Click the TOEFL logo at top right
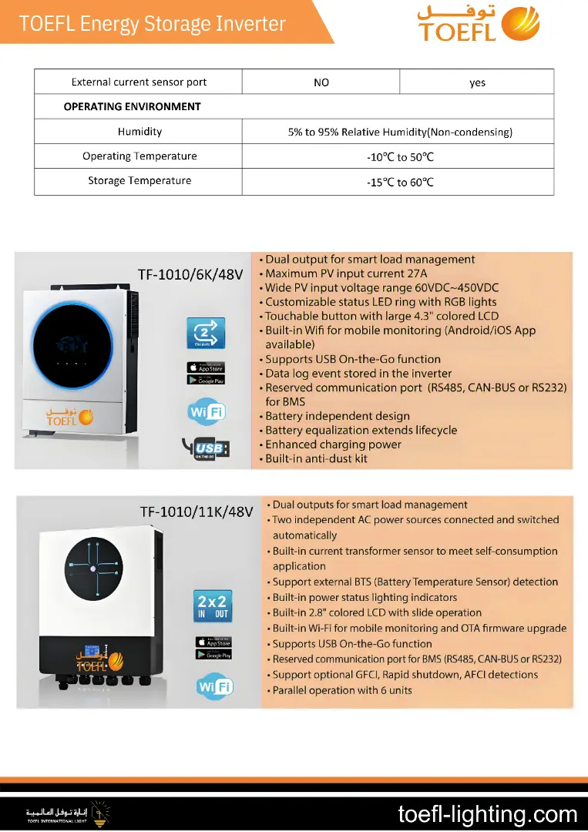click(478, 23)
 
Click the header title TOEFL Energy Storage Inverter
click(153, 23)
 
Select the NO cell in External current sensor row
click(321, 82)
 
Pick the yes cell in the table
click(477, 82)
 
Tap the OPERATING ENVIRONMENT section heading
click(132, 106)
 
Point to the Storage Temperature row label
click(139, 180)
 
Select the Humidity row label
click(139, 132)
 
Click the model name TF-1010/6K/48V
click(190, 273)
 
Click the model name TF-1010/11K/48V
click(196, 512)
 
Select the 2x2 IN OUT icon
click(213, 606)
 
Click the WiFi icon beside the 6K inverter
click(207, 411)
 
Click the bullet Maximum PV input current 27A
click(345, 273)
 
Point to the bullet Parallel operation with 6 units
click(342, 690)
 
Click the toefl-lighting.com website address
click(487, 814)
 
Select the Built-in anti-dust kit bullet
click(316, 458)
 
